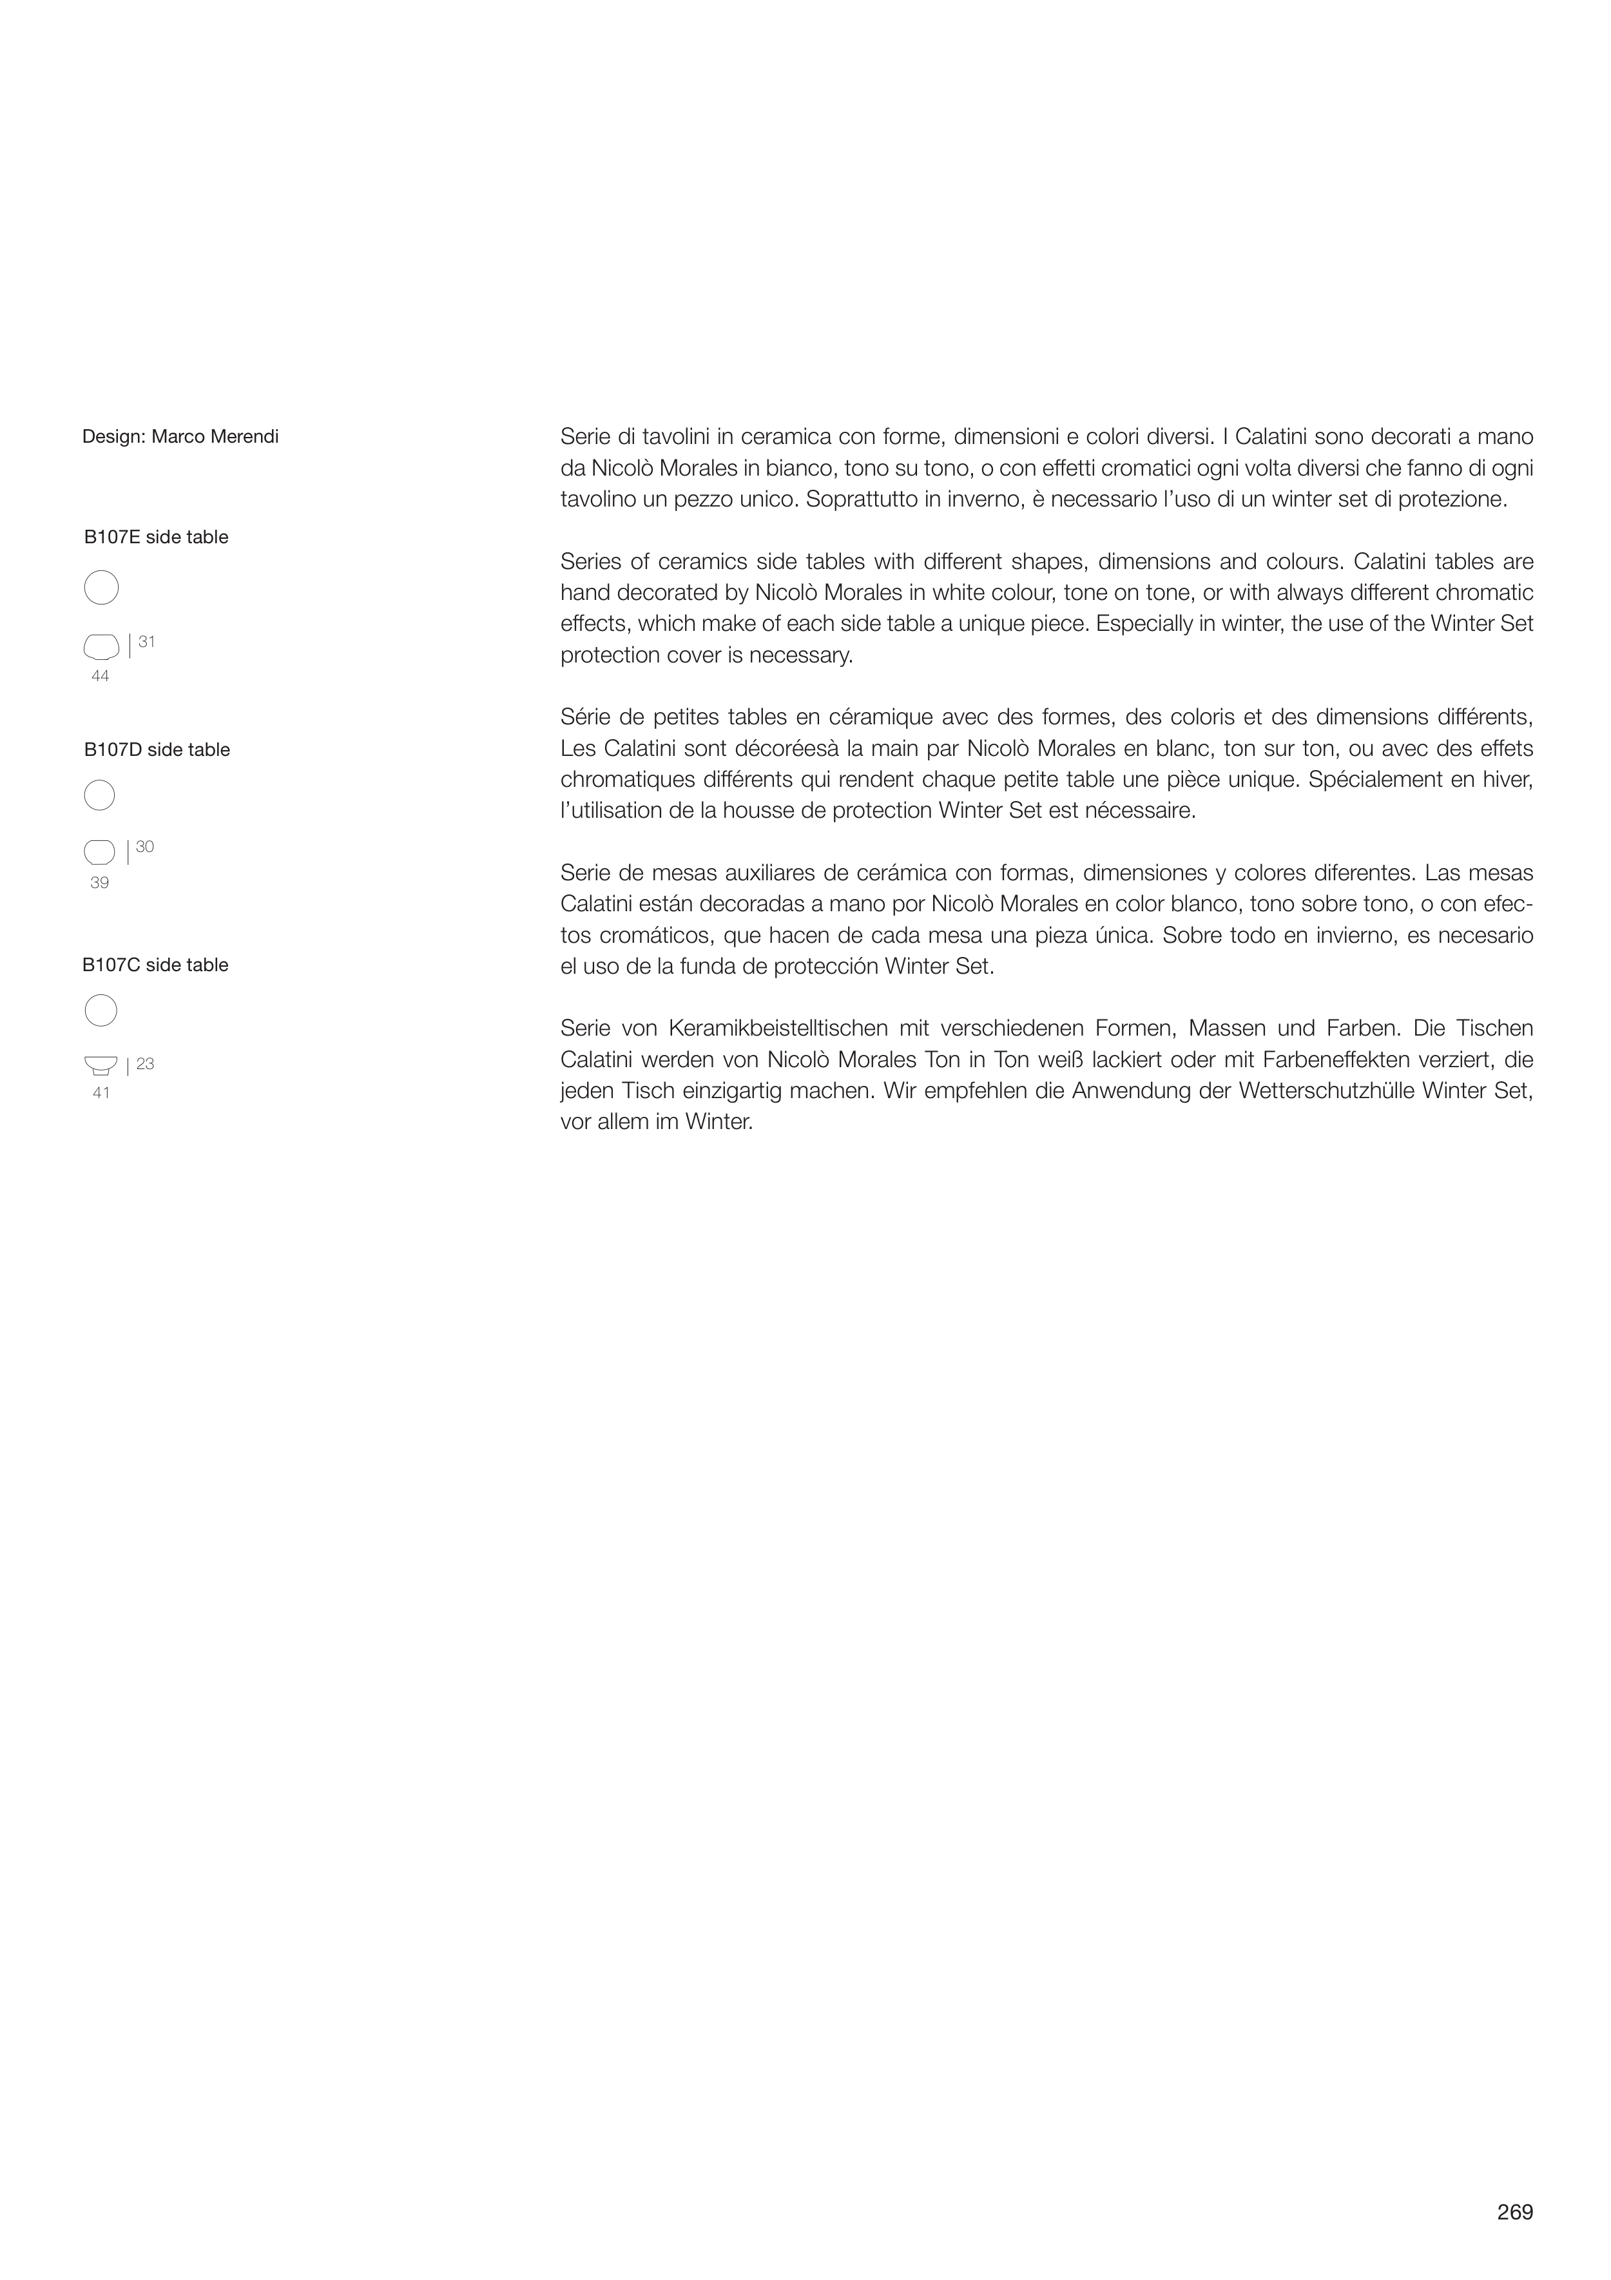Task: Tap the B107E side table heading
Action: click(156, 537)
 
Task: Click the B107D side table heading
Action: click(157, 749)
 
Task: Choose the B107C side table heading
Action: click(156, 965)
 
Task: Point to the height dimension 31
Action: click(146, 641)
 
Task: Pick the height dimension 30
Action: click(145, 847)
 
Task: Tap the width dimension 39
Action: click(99, 883)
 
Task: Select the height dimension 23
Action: click(145, 1063)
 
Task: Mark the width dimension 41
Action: click(101, 1094)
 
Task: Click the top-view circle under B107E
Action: click(101, 588)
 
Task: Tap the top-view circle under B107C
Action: click(101, 1011)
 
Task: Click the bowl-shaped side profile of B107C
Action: click(101, 1065)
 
